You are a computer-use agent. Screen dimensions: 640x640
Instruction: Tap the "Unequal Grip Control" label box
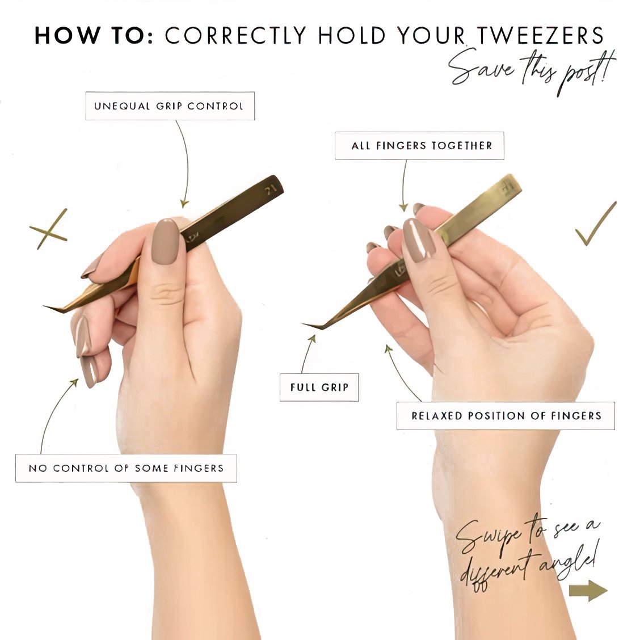170,106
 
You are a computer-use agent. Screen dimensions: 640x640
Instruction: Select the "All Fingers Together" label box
420,146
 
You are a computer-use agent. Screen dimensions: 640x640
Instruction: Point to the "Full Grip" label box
319,388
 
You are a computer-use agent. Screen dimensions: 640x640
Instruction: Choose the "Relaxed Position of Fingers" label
506,416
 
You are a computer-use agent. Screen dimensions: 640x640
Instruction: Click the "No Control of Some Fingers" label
126,468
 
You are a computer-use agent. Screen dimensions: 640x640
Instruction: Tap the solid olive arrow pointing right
588,591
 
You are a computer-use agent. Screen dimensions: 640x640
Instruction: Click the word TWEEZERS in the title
540,36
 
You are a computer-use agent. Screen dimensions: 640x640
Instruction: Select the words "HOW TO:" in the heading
94,36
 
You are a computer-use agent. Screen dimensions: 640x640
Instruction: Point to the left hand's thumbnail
166,241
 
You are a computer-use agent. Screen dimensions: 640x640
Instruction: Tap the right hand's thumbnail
419,240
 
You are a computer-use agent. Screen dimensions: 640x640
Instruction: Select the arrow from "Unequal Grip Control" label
186,163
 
